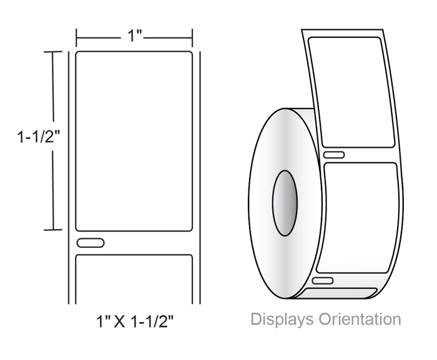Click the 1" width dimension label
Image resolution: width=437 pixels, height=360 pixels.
[135, 36]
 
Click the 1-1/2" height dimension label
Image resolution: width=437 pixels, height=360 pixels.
[39, 137]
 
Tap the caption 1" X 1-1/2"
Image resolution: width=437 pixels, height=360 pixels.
[135, 321]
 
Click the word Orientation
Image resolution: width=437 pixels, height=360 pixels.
[360, 319]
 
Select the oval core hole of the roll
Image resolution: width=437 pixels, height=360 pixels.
[285, 203]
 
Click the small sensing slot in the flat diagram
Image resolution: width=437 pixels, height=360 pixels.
[91, 243]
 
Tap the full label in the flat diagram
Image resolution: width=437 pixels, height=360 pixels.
[134, 141]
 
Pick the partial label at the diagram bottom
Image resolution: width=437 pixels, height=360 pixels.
[134, 279]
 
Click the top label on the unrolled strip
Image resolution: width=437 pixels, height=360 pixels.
[351, 92]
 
